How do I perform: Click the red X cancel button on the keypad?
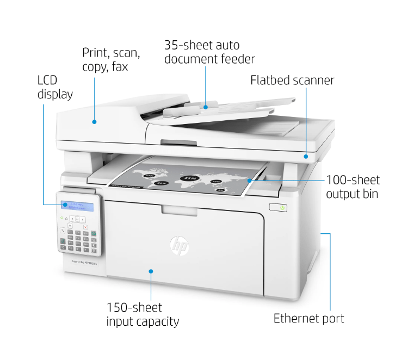pyautogui.click(x=85, y=227)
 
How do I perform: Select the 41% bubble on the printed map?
pyautogui.click(x=190, y=178)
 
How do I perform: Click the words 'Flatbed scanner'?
pyautogui.click(x=292, y=80)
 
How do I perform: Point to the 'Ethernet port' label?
pyautogui.click(x=308, y=318)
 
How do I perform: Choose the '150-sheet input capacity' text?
pyautogui.click(x=143, y=314)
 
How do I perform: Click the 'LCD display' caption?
pyautogui.click(x=55, y=87)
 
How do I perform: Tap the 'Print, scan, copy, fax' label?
pyautogui.click(x=111, y=60)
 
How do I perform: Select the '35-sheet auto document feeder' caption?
pyautogui.click(x=209, y=52)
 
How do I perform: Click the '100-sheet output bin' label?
pyautogui.click(x=353, y=187)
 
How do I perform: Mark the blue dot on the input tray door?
pyautogui.click(x=151, y=270)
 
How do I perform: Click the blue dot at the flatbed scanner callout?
pyautogui.click(x=306, y=157)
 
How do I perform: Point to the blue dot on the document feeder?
pyautogui.click(x=206, y=107)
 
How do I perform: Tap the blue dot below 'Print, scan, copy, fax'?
pyautogui.click(x=94, y=122)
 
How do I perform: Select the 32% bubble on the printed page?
pyautogui.click(x=161, y=184)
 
